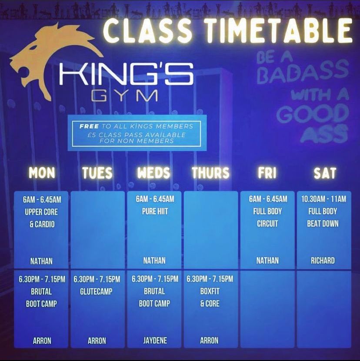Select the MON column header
pyautogui.click(x=42, y=173)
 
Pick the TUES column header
pyautogui.click(x=97, y=173)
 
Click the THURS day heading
pyautogui.click(x=210, y=173)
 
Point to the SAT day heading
pyautogui.click(x=325, y=173)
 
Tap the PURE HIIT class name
pyautogui.click(x=154, y=212)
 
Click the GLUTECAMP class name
pyautogui.click(x=97, y=291)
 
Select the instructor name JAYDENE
pyautogui.click(x=154, y=341)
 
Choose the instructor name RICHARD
pyautogui.click(x=323, y=261)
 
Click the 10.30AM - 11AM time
pyautogui.click(x=323, y=199)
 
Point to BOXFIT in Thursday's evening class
pyautogui.click(x=210, y=291)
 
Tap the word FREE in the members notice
pyautogui.click(x=89, y=126)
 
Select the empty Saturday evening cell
pyautogui.click(x=324, y=309)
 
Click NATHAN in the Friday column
pyautogui.click(x=267, y=261)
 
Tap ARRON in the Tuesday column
pyautogui.click(x=97, y=341)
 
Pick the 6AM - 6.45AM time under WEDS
pyautogui.click(x=154, y=199)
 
